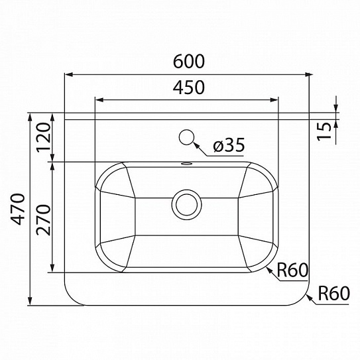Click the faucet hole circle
(x=187, y=137)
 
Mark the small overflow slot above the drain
(x=186, y=163)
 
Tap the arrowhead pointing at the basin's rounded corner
(x=268, y=268)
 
